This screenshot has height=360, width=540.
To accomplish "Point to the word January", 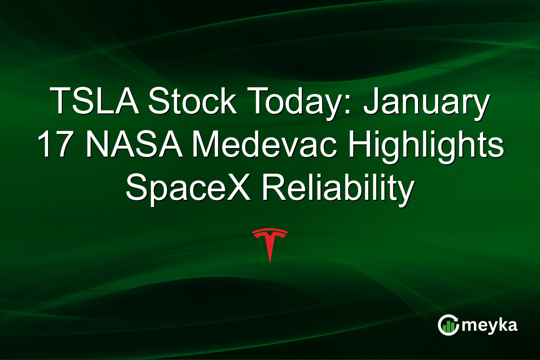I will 426,102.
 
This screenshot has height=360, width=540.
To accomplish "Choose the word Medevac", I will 252,145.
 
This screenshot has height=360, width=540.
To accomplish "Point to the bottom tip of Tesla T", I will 270,262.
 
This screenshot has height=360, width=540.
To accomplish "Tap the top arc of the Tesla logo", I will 270,231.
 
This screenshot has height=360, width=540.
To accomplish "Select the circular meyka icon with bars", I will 448,325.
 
